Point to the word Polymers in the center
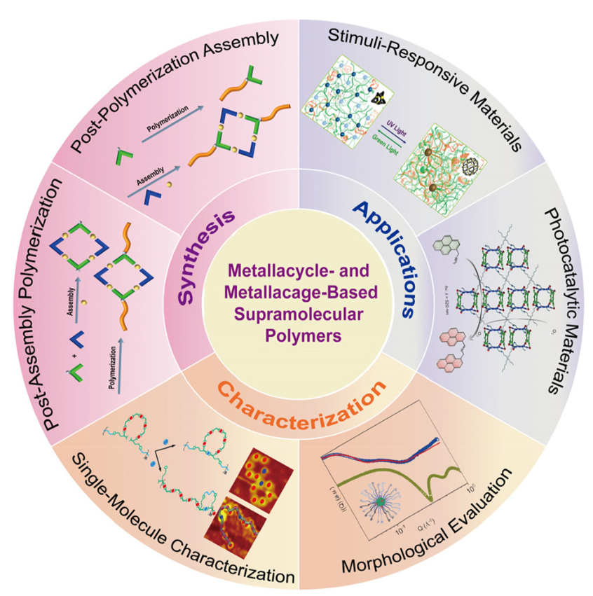tap(297, 335)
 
